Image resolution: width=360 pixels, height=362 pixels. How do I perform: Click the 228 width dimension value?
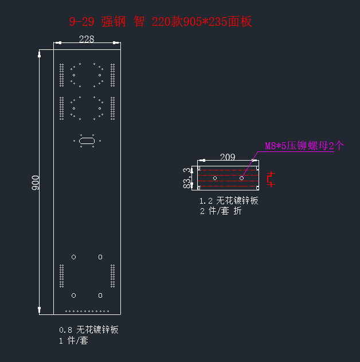(x=87, y=39)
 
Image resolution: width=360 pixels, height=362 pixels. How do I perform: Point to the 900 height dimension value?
(x=36, y=182)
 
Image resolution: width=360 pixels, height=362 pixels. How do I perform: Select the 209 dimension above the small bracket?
(x=228, y=157)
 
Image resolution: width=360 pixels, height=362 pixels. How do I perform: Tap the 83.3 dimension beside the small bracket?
(x=187, y=178)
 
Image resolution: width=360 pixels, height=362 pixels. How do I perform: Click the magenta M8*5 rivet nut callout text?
(x=304, y=146)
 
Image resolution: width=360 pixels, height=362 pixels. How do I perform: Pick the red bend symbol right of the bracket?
(x=271, y=178)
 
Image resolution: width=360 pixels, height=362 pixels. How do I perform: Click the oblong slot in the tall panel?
(x=87, y=140)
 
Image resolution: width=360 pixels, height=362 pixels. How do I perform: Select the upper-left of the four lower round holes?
(x=73, y=256)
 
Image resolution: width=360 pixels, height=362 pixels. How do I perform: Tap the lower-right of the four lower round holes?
(x=100, y=295)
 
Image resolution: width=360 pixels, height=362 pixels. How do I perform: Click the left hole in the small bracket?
(x=215, y=178)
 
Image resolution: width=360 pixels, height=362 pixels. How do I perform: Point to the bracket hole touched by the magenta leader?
(x=242, y=178)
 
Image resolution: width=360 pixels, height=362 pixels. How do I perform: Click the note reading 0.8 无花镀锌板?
(x=89, y=330)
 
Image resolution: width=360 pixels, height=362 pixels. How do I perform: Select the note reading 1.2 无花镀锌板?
(x=229, y=201)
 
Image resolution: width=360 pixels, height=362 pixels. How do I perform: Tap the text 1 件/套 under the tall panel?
(x=74, y=341)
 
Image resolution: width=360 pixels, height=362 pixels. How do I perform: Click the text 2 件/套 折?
(x=221, y=211)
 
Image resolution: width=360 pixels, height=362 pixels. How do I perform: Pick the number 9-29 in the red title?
(x=80, y=22)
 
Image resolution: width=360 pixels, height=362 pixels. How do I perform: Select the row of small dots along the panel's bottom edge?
(x=87, y=311)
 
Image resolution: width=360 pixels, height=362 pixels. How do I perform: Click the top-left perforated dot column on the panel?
(x=62, y=75)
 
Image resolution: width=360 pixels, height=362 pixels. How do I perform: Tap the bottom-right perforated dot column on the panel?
(x=112, y=276)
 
